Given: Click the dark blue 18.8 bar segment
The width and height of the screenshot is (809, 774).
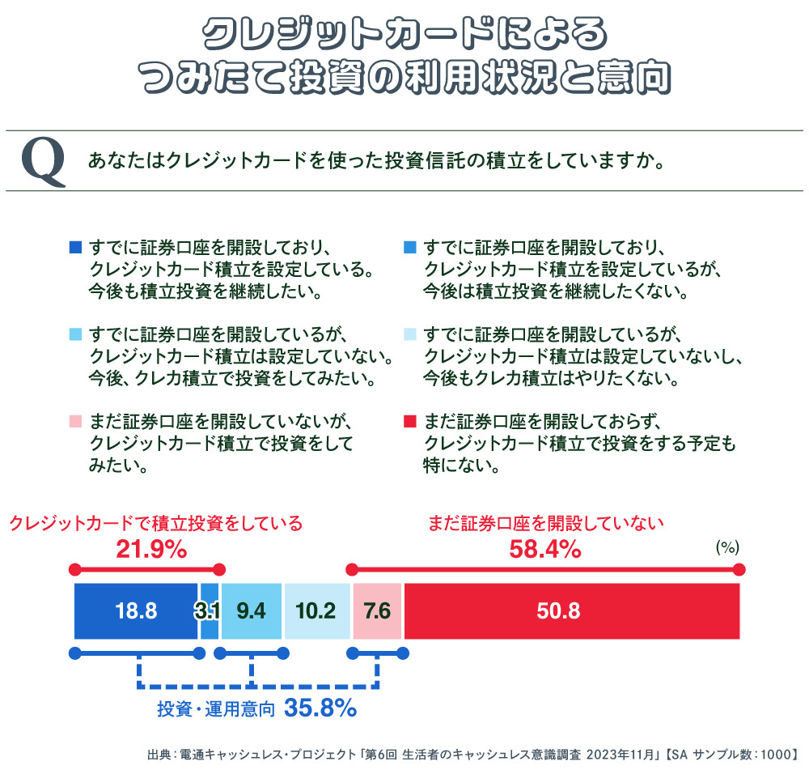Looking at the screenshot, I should point(136,611).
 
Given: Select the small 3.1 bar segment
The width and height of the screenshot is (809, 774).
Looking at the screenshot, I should point(209,611).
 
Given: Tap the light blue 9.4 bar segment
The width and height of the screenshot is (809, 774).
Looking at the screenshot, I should point(251,611).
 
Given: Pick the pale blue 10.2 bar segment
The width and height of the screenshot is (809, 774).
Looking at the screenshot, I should point(317,611).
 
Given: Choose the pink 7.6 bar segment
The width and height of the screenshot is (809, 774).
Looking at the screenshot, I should point(377,611).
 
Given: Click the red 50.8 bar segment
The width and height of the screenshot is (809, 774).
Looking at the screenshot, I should point(571,611).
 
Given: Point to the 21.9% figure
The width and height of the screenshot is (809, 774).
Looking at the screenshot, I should point(151,551).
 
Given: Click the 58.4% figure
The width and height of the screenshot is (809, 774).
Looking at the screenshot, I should point(544,551).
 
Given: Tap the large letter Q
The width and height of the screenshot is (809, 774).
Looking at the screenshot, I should point(43,161).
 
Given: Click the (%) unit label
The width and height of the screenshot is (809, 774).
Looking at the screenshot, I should point(727,547).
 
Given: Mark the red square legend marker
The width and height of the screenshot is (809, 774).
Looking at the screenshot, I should point(409,422).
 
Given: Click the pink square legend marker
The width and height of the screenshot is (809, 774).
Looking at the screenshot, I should point(76,422).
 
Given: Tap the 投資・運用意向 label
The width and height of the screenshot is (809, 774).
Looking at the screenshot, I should point(216,710).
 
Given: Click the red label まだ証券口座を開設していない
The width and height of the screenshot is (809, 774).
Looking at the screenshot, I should point(545,523).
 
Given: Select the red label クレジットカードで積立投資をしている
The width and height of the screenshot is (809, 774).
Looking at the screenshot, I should point(155,523).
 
